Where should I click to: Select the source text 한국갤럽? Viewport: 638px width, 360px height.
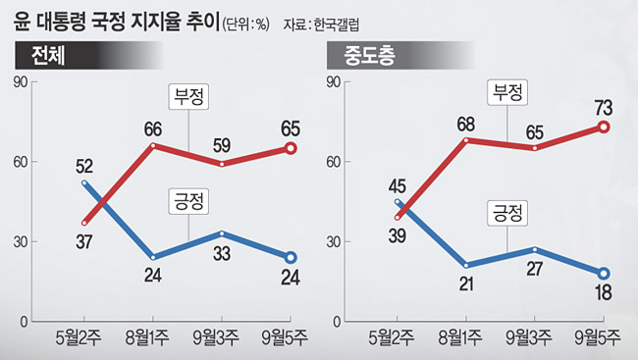(337, 25)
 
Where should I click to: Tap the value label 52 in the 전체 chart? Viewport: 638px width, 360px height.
(84, 167)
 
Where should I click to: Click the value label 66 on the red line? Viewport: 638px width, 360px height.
(153, 129)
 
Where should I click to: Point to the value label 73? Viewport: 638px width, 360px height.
(604, 108)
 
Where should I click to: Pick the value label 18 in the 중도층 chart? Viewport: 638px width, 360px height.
(604, 293)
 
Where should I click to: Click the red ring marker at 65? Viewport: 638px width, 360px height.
(291, 148)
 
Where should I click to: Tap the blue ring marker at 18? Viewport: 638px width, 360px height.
(604, 274)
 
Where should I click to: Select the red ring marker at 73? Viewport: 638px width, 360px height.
(604, 128)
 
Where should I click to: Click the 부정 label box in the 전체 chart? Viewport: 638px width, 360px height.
(188, 97)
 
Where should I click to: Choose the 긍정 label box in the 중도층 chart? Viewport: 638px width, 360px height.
(507, 213)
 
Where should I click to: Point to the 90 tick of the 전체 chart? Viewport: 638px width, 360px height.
(21, 82)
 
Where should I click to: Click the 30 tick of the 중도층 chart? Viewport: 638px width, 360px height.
(334, 241)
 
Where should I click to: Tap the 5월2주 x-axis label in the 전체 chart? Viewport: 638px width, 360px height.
(79, 337)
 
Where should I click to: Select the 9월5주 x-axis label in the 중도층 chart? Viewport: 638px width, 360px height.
(598, 337)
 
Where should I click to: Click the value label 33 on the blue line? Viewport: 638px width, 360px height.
(222, 254)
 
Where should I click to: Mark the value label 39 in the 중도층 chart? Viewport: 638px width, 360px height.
(398, 236)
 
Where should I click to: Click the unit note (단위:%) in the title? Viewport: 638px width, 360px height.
(245, 25)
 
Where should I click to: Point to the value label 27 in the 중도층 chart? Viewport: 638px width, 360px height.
(535, 269)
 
